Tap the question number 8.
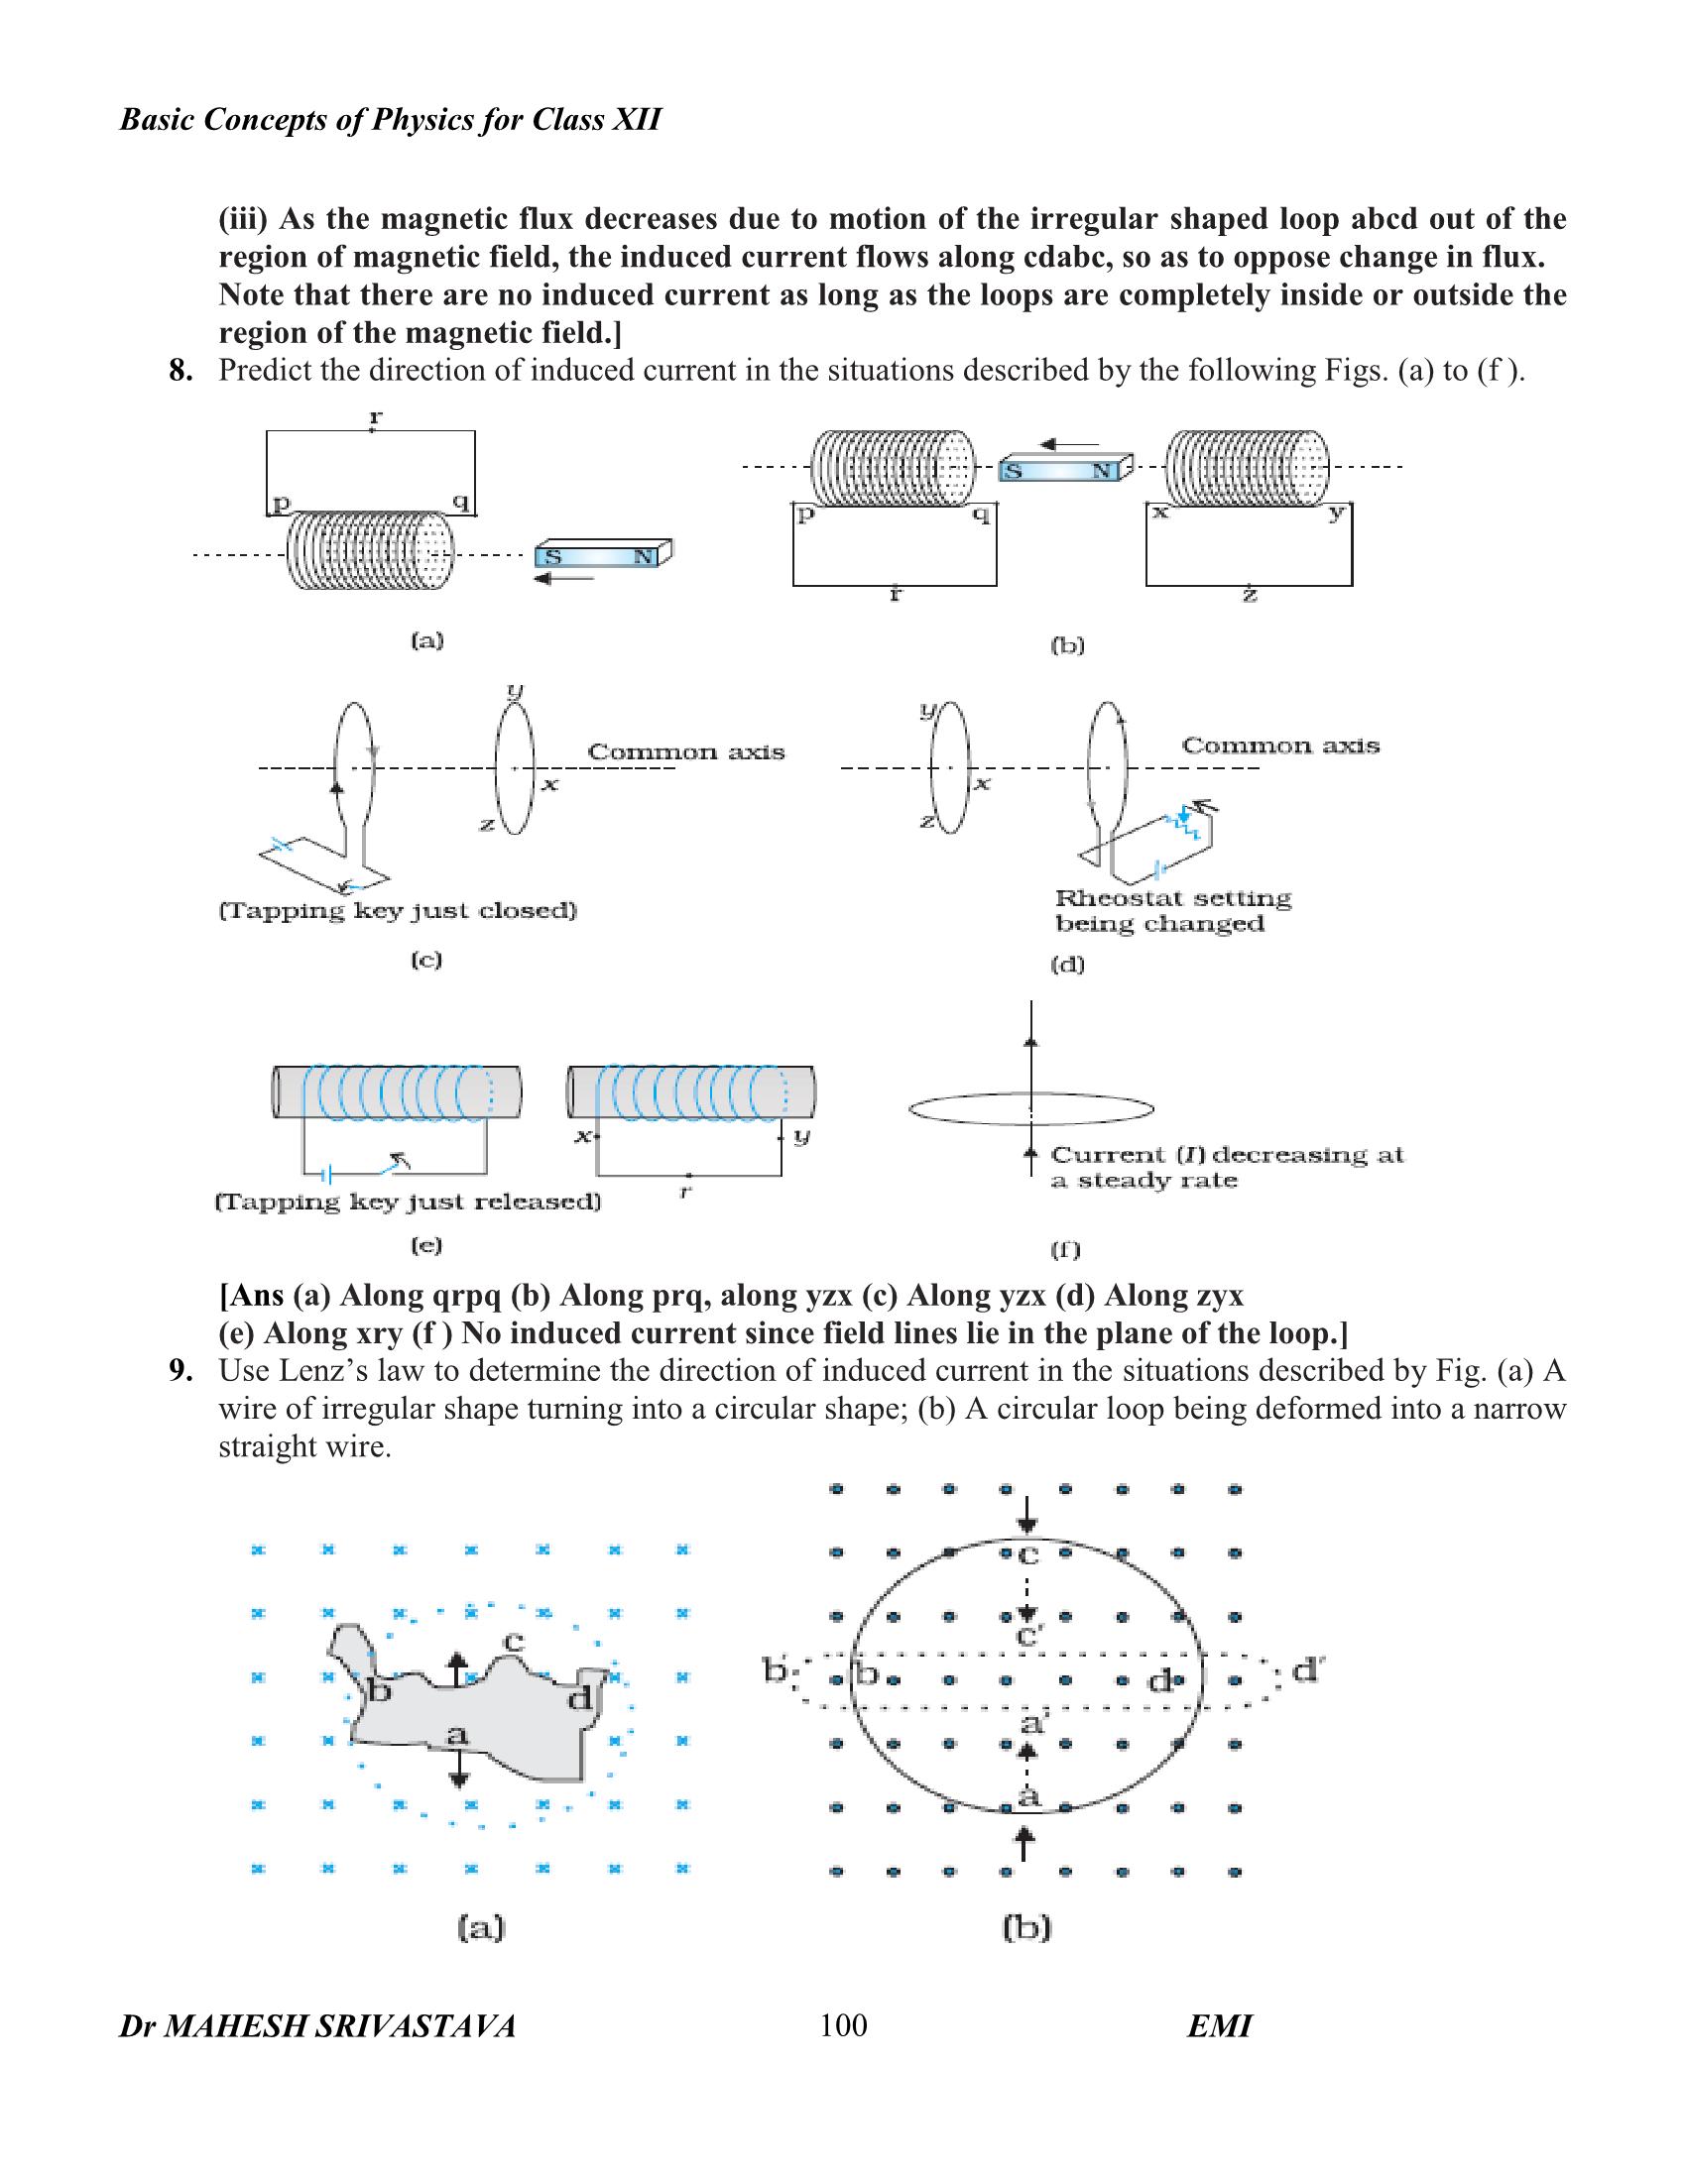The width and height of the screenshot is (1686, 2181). click(180, 371)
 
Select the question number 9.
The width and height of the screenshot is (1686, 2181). click(180, 1370)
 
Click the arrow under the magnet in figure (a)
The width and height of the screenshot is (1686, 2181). click(564, 578)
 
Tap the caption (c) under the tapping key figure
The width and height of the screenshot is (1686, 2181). click(426, 960)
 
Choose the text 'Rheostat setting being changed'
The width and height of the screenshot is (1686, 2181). click(1172, 910)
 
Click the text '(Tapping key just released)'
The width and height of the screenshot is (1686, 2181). click(409, 1202)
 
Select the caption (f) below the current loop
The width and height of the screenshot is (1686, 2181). click(1066, 1248)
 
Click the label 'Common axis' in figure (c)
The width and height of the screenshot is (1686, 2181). click(685, 752)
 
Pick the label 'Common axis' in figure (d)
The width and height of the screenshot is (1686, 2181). click(1279, 745)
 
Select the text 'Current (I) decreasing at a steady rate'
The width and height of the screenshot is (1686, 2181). click(1227, 1167)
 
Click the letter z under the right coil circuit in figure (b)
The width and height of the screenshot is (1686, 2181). click(1250, 595)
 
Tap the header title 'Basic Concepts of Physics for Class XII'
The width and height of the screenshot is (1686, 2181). click(391, 120)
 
